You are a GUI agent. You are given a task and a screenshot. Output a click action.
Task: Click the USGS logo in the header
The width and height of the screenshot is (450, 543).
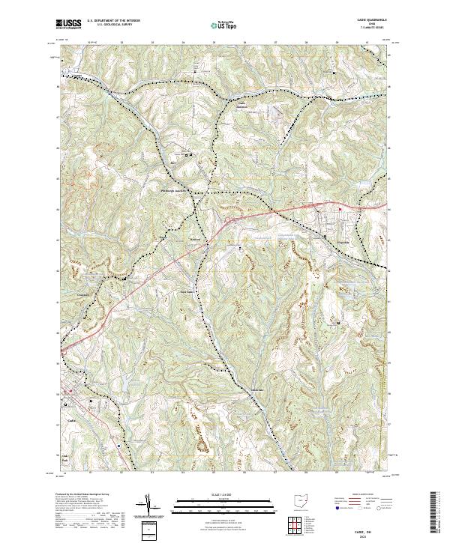pos(69,24)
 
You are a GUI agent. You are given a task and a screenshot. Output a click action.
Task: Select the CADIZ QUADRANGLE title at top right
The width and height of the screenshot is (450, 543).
pos(364,20)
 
